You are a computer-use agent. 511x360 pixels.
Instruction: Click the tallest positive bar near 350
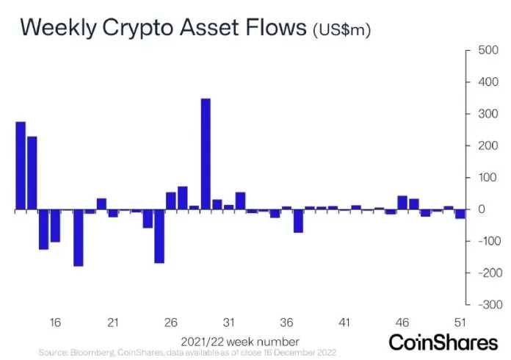(206, 154)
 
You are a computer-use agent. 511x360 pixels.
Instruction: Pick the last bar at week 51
(460, 215)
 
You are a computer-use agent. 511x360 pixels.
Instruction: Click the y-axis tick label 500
(487, 51)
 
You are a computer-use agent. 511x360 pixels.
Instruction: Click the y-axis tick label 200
(487, 145)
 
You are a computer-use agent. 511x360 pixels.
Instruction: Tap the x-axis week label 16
(55, 323)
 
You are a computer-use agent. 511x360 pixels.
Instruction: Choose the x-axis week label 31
(228, 323)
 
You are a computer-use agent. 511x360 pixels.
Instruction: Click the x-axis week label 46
(402, 323)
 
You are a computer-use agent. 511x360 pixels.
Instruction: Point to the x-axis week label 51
(460, 323)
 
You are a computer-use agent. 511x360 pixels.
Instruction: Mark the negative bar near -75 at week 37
(298, 221)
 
